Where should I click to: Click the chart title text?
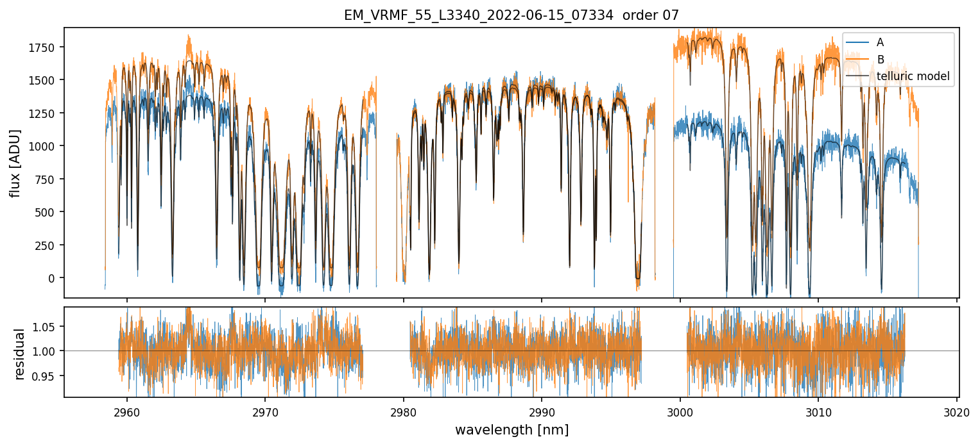coord(511,15)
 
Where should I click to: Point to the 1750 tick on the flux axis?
coord(46,47)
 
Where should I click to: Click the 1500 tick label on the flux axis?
coord(46,80)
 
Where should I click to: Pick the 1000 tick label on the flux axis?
coord(46,146)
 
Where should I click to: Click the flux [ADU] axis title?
coord(15,163)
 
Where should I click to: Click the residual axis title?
coord(19,354)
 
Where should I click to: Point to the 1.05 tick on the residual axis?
coord(49,327)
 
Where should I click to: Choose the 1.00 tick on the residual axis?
coord(49,351)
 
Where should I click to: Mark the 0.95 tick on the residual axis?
coord(49,376)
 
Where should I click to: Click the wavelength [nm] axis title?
coord(511,430)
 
